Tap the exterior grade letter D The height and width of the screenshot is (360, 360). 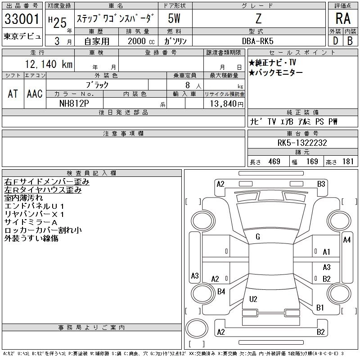pyautogui.click(x=335, y=40)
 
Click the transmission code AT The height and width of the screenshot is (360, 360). pyautogui.click(x=13, y=94)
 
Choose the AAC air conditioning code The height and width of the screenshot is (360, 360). pyautogui.click(x=35, y=94)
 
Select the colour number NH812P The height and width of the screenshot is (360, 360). pyautogui.click(x=74, y=103)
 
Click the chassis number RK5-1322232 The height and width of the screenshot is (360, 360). pyautogui.click(x=302, y=143)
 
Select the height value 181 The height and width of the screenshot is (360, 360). pyautogui.click(x=348, y=162)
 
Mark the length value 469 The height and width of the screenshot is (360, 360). pyautogui.click(x=274, y=162)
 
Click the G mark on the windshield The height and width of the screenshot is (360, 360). pyautogui.click(x=257, y=237)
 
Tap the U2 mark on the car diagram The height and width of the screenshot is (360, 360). pyautogui.click(x=253, y=299)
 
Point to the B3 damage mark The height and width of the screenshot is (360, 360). pyautogui.click(x=321, y=184)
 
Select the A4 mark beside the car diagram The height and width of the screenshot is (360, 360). pyautogui.click(x=346, y=240)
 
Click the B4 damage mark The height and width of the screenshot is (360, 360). pyautogui.click(x=221, y=292)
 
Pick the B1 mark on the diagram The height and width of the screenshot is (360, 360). pyautogui.click(x=320, y=308)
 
